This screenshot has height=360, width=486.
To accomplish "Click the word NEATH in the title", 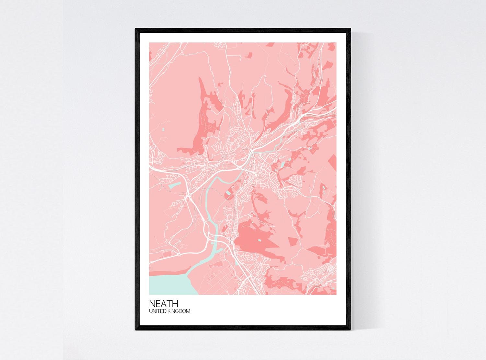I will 164,304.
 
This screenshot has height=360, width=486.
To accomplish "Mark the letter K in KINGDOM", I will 170,311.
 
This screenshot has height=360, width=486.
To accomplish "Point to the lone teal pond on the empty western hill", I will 163,131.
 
